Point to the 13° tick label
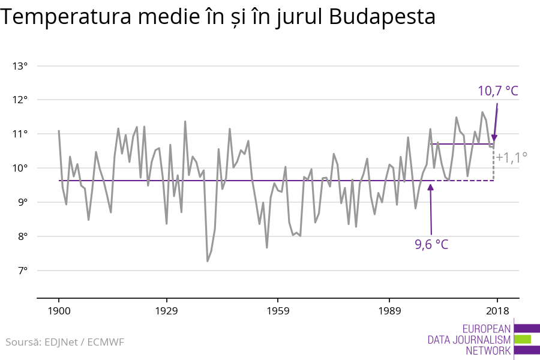(x=20, y=65)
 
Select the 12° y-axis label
(x=20, y=100)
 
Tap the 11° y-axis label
(x=20, y=134)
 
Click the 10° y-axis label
(x=20, y=168)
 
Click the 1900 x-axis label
(x=59, y=311)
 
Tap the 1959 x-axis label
(x=277, y=311)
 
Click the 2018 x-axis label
(x=497, y=311)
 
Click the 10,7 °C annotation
(x=497, y=91)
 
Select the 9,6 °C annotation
(x=431, y=244)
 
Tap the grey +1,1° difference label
(x=511, y=157)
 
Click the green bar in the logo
(x=522, y=339)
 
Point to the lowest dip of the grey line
(x=208, y=260)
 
